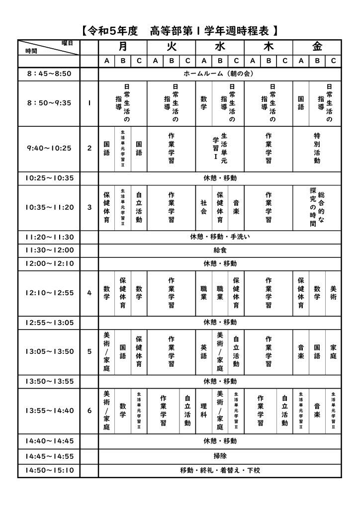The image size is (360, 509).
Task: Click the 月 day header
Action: pos(123,47)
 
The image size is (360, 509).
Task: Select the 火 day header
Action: pos(172,47)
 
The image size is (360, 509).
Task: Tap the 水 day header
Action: pos(220,47)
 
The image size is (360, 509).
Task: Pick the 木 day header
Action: pos(269,47)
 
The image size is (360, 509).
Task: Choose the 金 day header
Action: pos(317,47)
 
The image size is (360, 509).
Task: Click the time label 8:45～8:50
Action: pos(49,74)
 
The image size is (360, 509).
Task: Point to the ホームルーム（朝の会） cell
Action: pos(220,74)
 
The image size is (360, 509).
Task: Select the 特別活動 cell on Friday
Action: pos(317,148)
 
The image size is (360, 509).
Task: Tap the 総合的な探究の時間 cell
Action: pos(317,207)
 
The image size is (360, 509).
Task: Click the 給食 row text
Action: pos(220,250)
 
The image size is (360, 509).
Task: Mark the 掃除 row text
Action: pos(220,455)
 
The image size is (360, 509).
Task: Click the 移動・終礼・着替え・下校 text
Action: pos(220,470)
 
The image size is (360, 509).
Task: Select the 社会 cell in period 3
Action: pos(204,207)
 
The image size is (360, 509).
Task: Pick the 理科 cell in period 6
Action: pos(204,411)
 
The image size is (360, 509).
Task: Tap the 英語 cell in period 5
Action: pos(204,351)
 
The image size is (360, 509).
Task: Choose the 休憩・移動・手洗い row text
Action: pos(220,237)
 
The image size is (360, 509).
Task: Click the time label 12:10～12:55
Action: pos(49,293)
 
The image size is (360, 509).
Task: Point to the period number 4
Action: pos(90,293)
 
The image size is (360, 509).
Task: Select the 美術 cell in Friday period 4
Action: pos(333,293)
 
